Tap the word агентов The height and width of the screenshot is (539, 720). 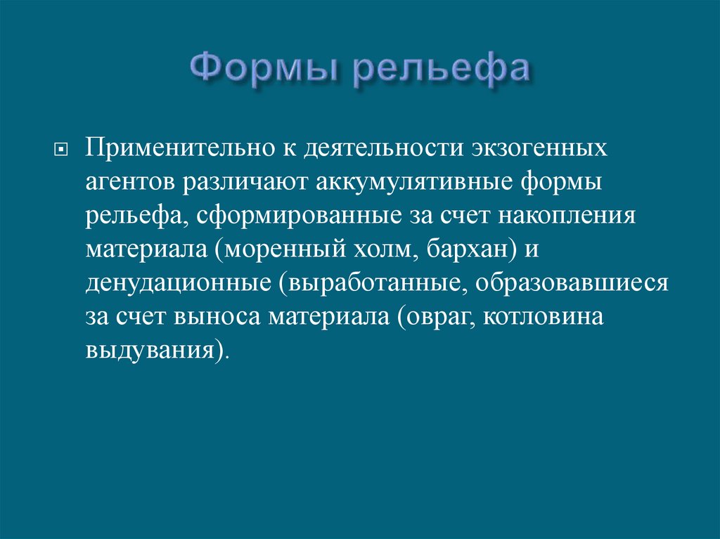coord(131,183)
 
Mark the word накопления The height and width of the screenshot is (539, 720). coord(567,216)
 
